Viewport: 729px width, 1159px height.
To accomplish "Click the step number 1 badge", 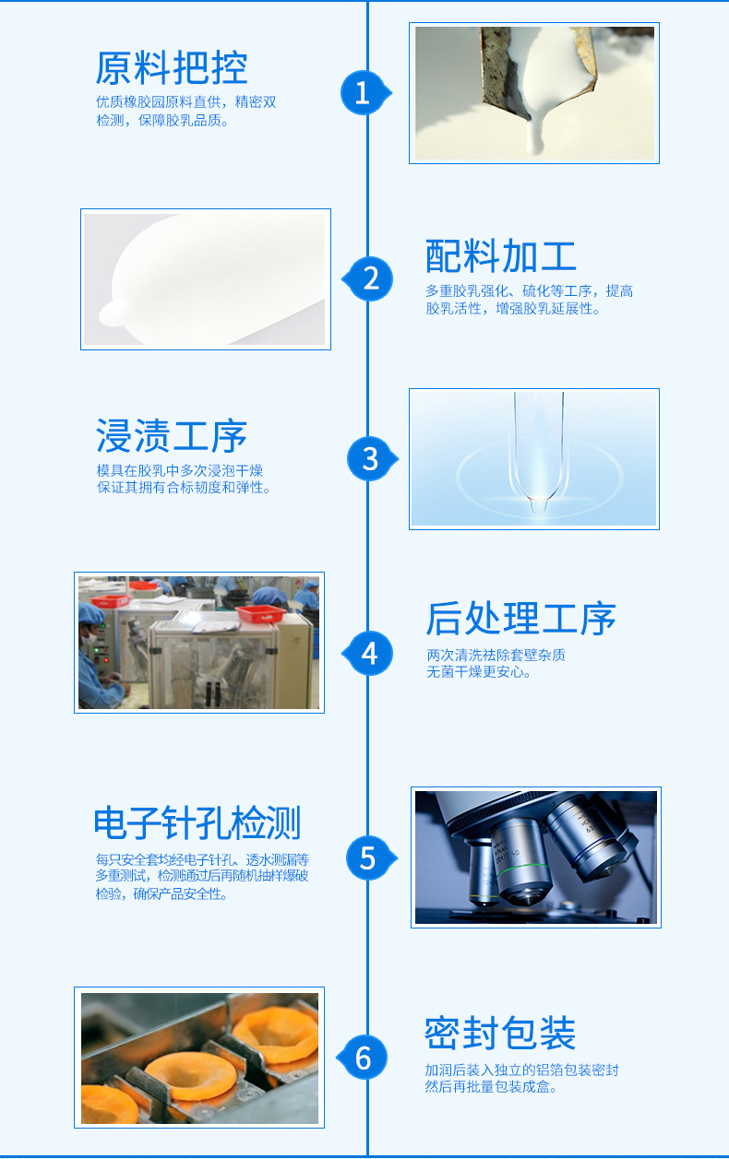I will point(363,92).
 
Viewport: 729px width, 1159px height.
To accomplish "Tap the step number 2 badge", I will point(371,278).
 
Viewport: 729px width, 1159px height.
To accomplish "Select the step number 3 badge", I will point(370,458).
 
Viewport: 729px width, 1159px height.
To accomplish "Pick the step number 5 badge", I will point(368,857).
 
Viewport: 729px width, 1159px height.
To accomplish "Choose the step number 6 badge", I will point(364,1057).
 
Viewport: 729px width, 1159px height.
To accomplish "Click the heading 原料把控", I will point(172,68).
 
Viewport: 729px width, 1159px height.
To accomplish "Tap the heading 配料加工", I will point(501,255).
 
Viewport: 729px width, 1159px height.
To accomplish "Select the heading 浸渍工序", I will point(172,436).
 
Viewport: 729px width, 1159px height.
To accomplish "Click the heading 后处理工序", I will point(520,619).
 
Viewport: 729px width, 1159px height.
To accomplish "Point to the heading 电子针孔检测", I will point(197,822).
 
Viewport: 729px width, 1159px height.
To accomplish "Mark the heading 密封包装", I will point(500,1033).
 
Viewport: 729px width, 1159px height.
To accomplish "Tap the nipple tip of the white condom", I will point(107,313).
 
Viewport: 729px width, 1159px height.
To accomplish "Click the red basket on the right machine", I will point(258,614).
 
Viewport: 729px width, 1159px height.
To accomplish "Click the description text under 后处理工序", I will point(496,663).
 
